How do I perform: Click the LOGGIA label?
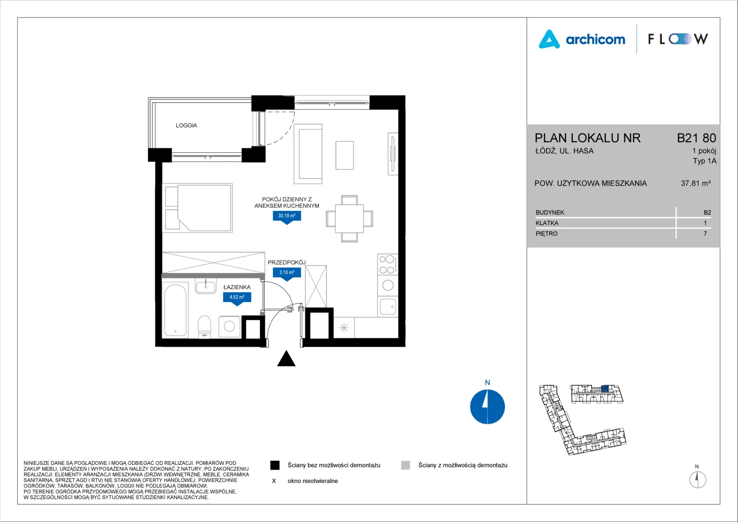[x=186, y=125]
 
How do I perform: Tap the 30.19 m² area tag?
[x=286, y=217]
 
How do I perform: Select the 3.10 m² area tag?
[x=286, y=273]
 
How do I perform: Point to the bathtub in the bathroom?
[x=176, y=310]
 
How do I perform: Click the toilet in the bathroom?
[x=204, y=327]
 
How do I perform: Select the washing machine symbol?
[x=229, y=326]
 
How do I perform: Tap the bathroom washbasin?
[x=206, y=286]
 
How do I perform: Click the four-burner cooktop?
[x=387, y=264]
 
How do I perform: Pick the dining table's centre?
[x=349, y=218]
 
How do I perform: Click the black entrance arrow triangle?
[x=286, y=359]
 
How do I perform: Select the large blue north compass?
[x=487, y=406]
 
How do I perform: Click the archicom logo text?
[x=596, y=40]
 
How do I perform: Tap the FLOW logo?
[x=678, y=39]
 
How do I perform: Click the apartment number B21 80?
[x=696, y=138]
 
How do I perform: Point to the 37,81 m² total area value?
[x=696, y=183]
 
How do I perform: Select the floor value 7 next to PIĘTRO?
[x=705, y=233]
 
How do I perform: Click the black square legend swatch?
[x=275, y=465]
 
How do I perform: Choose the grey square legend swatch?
[x=406, y=465]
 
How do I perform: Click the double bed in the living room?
[x=198, y=208]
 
